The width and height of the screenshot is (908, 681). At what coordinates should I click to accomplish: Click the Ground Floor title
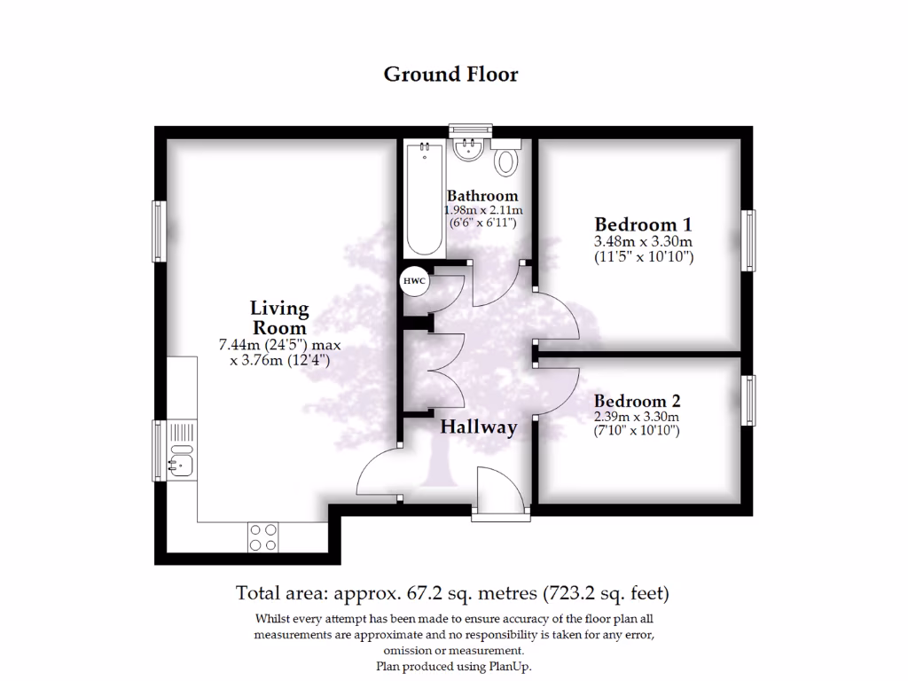point(450,74)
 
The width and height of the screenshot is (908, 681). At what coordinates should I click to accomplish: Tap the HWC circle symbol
point(414,281)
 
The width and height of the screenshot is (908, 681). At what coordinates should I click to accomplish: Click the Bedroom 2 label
point(636,401)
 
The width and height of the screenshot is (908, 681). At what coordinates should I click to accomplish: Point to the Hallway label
point(479,427)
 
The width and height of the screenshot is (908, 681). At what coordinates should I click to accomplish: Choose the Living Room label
point(279,317)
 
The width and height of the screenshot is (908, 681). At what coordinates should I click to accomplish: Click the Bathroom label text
point(481,196)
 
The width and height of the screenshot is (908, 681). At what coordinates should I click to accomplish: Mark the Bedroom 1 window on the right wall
point(749,240)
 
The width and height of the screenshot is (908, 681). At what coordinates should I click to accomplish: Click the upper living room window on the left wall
point(159,231)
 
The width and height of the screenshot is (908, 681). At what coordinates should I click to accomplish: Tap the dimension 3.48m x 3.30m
point(643,241)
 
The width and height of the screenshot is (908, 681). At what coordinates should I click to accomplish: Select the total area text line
point(452,592)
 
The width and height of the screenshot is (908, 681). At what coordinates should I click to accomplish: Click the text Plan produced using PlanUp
point(454,666)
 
